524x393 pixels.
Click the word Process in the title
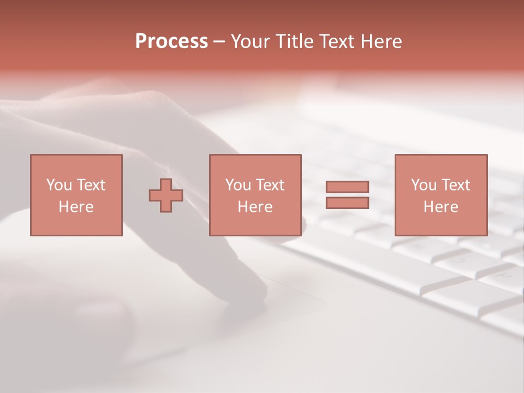(x=171, y=41)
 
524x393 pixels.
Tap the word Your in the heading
(x=252, y=41)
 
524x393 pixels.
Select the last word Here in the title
(x=380, y=41)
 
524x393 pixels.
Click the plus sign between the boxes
(x=166, y=195)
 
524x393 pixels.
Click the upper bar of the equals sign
(x=347, y=187)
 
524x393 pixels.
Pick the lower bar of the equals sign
(x=347, y=203)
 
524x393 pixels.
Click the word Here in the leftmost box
(x=76, y=207)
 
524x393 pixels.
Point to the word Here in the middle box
(x=255, y=207)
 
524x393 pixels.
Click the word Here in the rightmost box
(x=441, y=207)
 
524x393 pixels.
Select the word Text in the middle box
(x=269, y=185)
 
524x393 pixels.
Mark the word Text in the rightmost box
(x=455, y=185)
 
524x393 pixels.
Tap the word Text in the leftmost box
(x=90, y=185)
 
